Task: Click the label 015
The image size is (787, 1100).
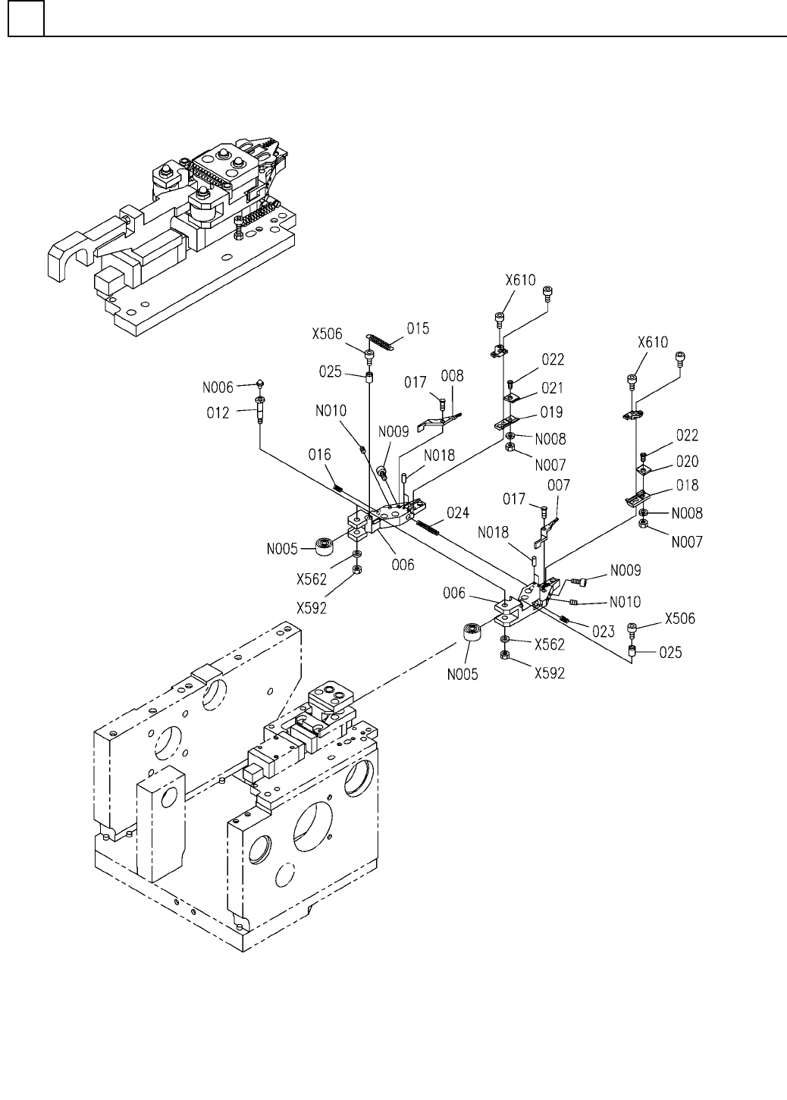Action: point(418,328)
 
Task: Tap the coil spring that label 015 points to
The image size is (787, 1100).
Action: point(381,342)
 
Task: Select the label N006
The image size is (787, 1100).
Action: point(218,387)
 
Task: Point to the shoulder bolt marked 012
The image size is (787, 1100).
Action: point(260,409)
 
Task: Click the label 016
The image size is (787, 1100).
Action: point(320,455)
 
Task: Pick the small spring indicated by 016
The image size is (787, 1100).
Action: point(338,487)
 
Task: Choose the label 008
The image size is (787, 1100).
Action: point(452,376)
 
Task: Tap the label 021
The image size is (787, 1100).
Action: point(552,388)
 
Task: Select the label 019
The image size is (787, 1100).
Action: point(551,412)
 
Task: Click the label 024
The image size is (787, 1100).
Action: point(458,512)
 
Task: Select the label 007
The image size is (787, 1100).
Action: point(559,485)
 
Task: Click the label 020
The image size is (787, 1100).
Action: point(687,461)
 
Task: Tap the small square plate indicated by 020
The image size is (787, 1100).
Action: point(644,470)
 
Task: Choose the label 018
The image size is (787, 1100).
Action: point(687,485)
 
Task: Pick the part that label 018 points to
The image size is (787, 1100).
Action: point(638,499)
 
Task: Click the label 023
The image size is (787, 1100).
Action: point(604,631)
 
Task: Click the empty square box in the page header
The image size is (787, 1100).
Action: point(26,18)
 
